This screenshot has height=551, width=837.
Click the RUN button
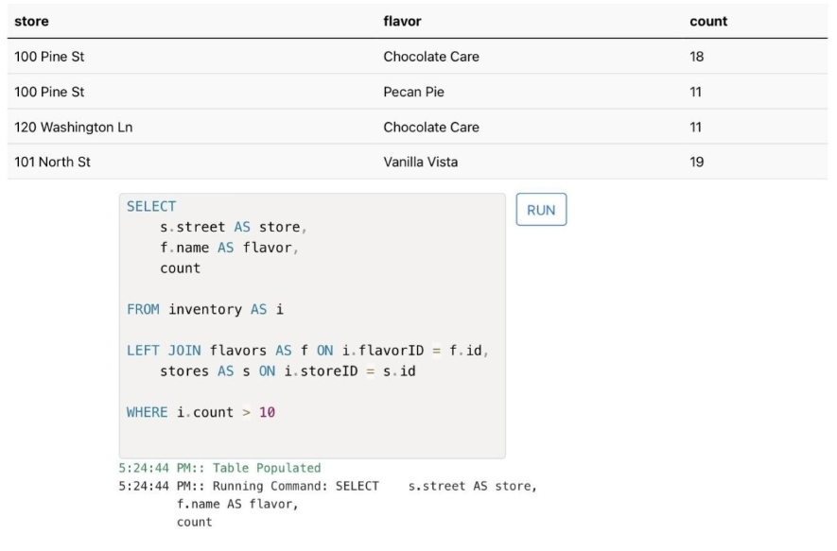click(541, 210)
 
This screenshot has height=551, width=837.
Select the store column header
click(31, 22)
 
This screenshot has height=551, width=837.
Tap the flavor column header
click(402, 22)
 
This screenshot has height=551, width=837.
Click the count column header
click(708, 22)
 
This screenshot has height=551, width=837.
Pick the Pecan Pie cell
click(413, 92)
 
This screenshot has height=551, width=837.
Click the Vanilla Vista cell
click(421, 163)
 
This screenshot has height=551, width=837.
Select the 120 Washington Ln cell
click(73, 127)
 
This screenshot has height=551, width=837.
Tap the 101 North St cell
click(52, 163)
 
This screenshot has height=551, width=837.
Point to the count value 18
click(697, 57)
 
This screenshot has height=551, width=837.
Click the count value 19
click(697, 163)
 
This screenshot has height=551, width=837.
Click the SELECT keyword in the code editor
click(151, 206)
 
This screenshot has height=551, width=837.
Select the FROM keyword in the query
click(143, 309)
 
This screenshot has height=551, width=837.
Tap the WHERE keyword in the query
click(147, 412)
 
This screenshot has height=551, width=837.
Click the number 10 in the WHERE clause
click(267, 412)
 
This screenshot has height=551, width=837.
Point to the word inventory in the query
click(205, 309)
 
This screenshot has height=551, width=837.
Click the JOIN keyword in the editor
click(184, 351)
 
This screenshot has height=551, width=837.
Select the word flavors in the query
click(237, 351)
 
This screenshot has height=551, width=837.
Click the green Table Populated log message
click(267, 468)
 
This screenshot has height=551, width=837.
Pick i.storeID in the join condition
click(321, 371)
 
